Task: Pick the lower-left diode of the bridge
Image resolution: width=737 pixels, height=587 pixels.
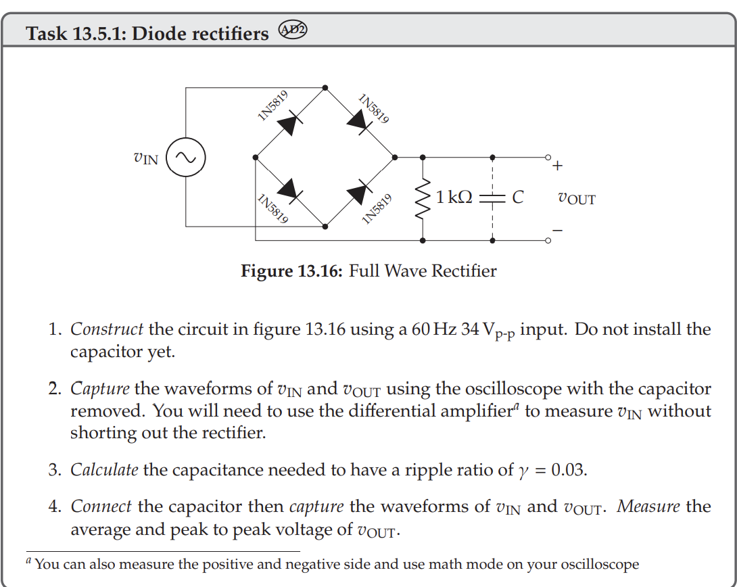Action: click(290, 189)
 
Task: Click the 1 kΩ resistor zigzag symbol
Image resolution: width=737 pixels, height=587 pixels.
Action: click(423, 197)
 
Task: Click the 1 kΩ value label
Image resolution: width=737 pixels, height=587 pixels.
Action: click(454, 197)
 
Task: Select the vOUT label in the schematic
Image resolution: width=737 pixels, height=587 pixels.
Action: click(576, 199)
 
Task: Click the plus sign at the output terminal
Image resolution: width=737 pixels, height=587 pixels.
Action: click(557, 164)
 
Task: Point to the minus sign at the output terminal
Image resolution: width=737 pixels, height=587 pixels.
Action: click(557, 231)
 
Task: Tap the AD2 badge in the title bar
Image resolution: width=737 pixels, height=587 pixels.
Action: click(293, 31)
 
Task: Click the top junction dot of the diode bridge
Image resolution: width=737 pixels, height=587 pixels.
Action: click(325, 87)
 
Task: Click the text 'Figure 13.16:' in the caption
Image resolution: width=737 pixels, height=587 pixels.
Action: click(292, 272)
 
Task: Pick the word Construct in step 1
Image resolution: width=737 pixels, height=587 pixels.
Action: click(107, 330)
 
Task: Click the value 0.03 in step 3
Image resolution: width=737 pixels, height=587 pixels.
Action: click(569, 470)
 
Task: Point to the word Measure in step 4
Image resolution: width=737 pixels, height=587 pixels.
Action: click(648, 507)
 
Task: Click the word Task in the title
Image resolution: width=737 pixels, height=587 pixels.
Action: click(46, 33)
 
